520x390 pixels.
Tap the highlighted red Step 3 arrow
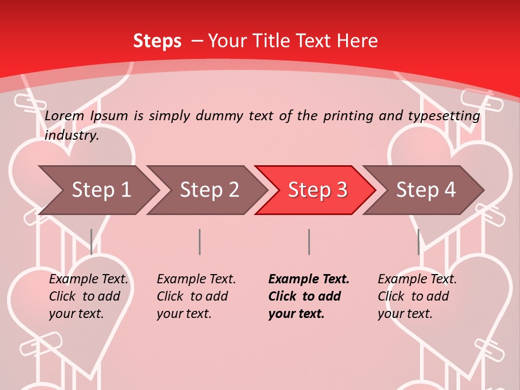point(317,190)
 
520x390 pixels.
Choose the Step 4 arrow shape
point(425,190)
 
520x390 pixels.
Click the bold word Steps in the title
point(157,41)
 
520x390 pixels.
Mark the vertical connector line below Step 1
point(91,242)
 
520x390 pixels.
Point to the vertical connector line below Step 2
point(200,242)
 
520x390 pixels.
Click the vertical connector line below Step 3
point(309,242)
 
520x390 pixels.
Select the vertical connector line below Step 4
point(418,242)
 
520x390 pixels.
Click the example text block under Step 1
point(87,296)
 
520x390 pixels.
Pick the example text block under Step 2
point(195,296)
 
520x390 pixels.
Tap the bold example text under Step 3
point(308,296)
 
